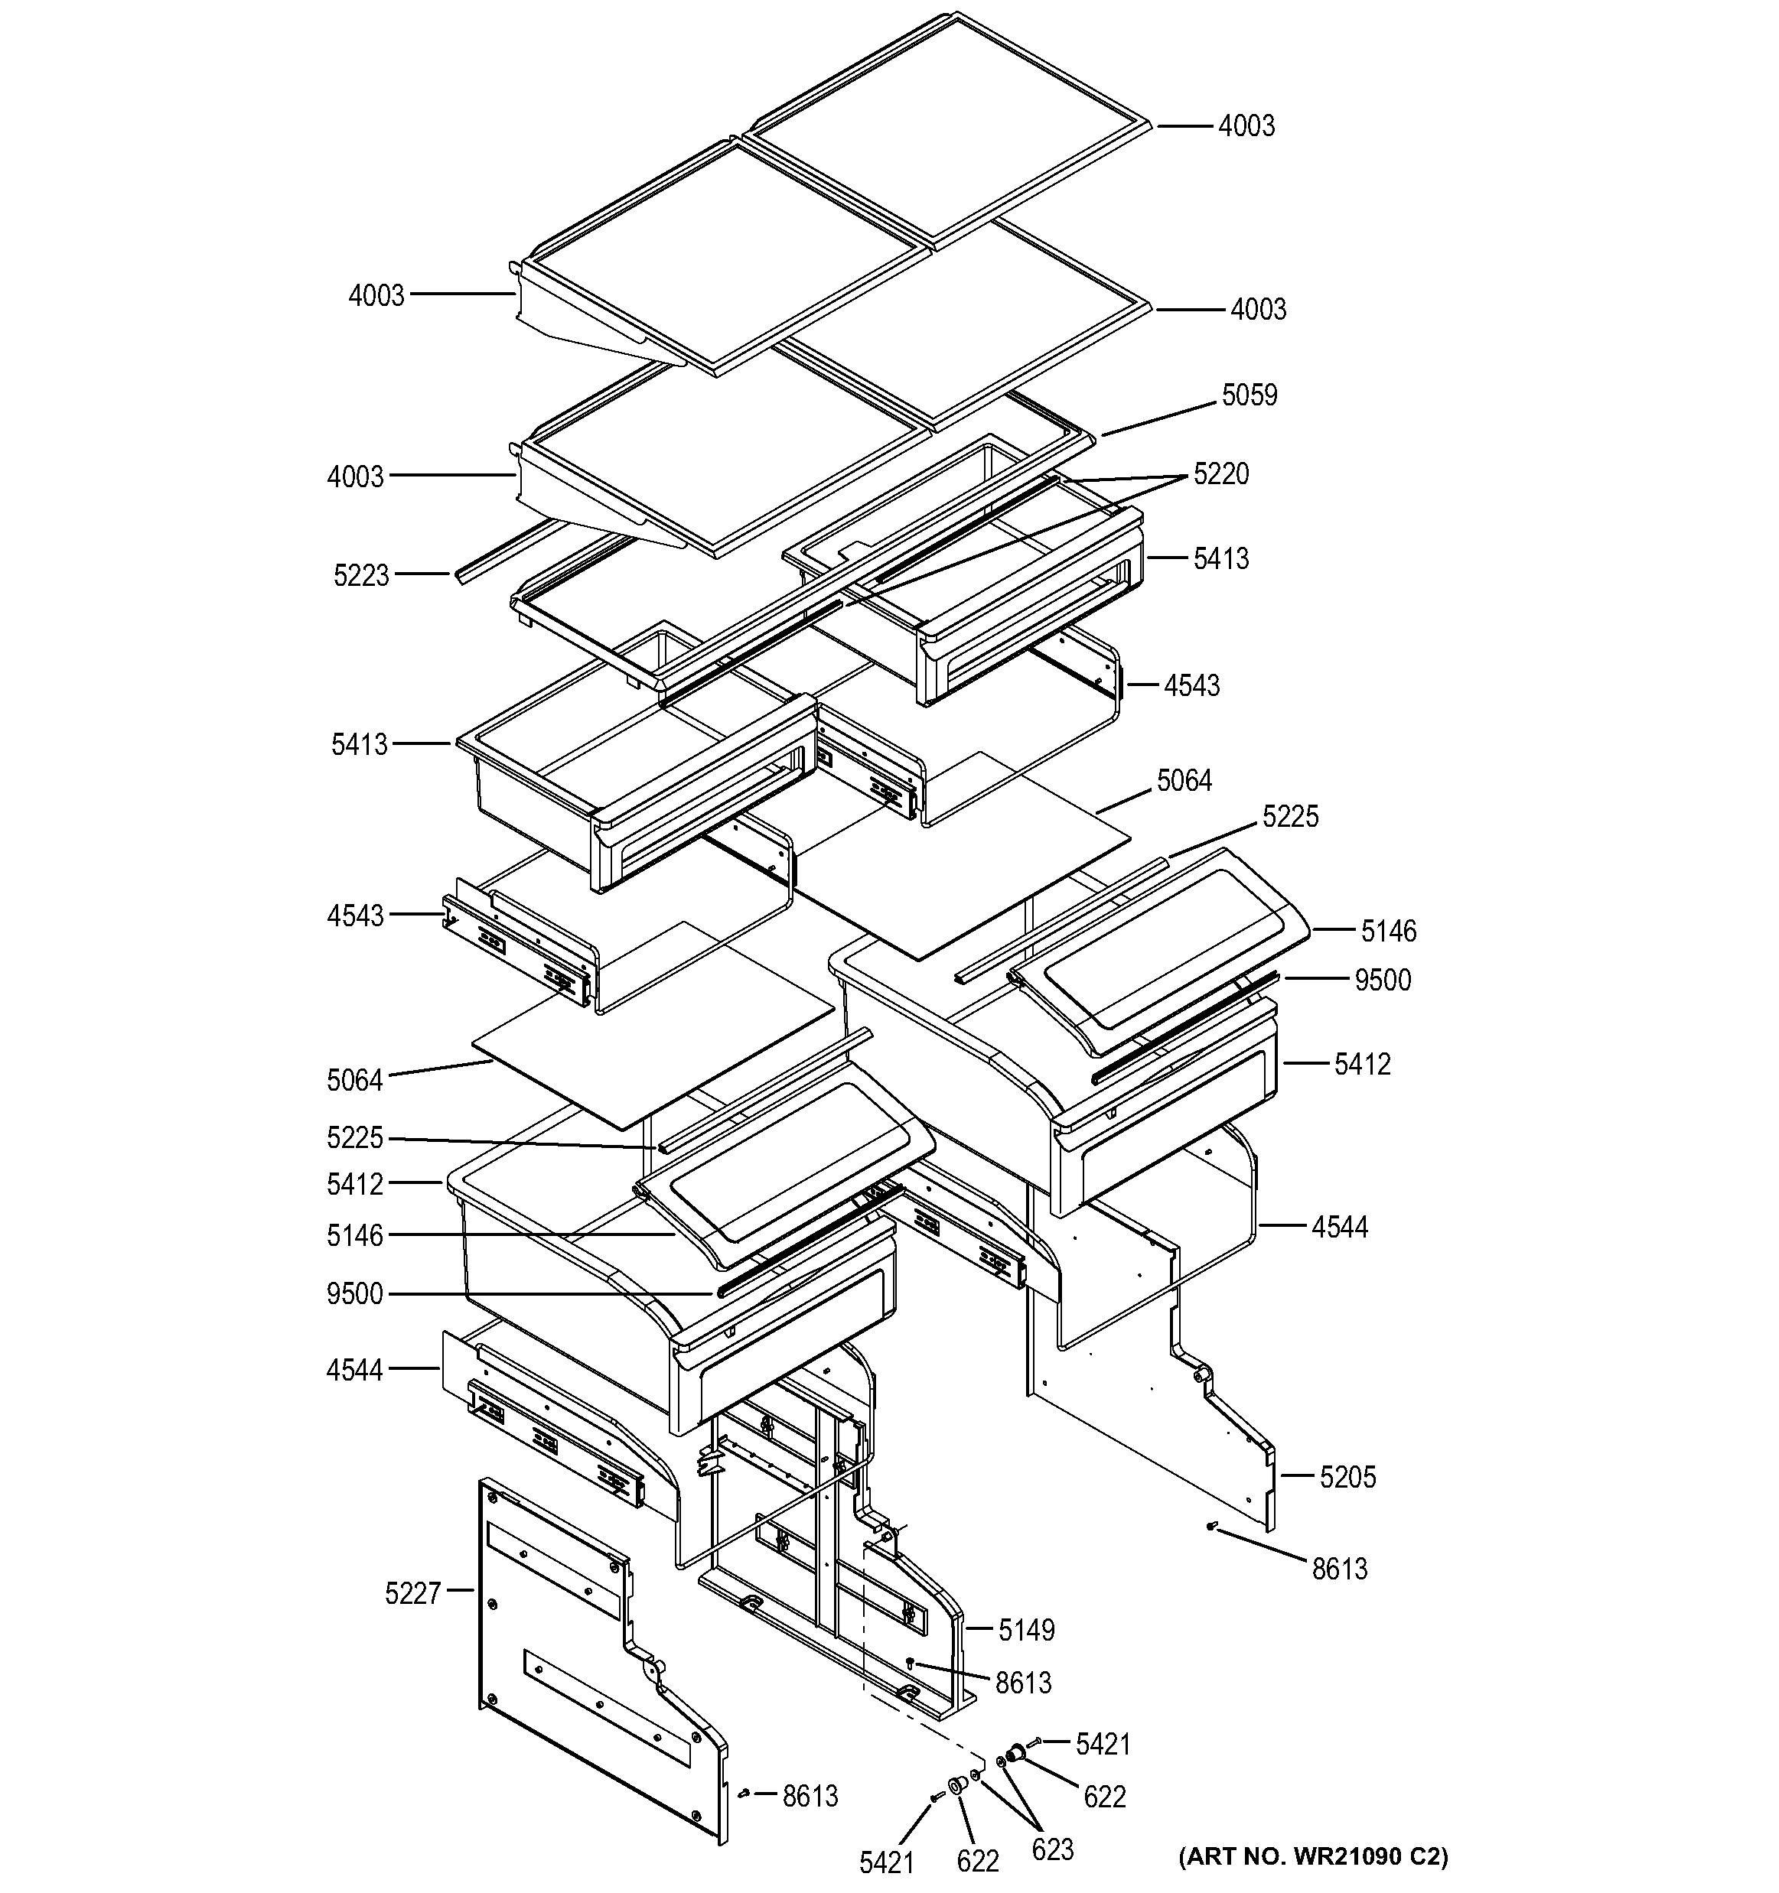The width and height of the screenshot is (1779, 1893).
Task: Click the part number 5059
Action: pos(1249,395)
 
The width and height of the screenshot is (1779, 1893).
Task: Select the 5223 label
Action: pos(361,575)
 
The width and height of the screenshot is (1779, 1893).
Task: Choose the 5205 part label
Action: pos(1347,1477)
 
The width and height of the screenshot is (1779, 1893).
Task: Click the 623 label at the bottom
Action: pos(1051,1849)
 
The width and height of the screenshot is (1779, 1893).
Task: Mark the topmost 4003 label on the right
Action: pos(1246,125)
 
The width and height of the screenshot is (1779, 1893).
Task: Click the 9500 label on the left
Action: pos(354,1294)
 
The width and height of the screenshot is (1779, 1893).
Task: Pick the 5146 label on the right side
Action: pos(1387,932)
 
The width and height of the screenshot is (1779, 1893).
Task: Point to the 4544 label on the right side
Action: pos(1339,1228)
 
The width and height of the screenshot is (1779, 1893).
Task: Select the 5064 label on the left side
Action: pos(354,1080)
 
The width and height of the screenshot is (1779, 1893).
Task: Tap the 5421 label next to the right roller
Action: pos(1102,1745)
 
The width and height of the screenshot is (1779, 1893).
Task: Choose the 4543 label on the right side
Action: pos(1191,685)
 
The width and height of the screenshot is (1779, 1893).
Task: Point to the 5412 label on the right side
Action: pos(1362,1064)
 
